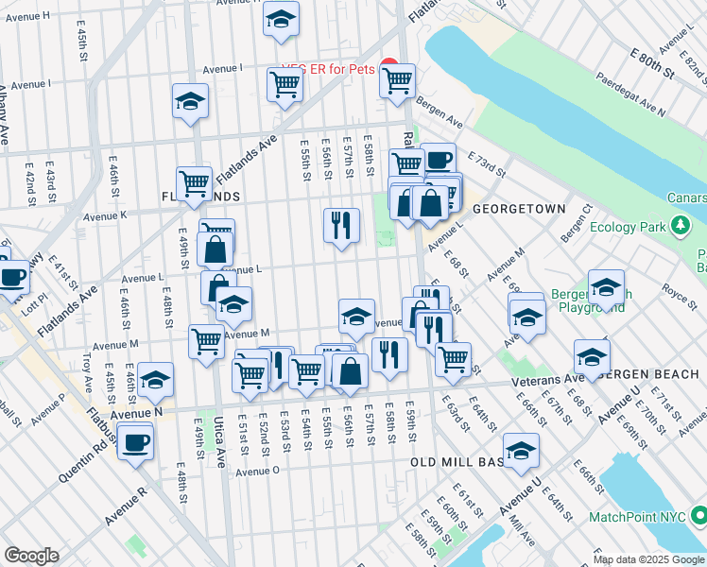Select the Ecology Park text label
(x=628, y=227)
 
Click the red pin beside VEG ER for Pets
(x=388, y=66)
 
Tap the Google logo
(x=31, y=556)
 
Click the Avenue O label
(x=258, y=472)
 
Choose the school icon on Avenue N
(x=156, y=380)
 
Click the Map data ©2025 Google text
(x=648, y=559)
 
